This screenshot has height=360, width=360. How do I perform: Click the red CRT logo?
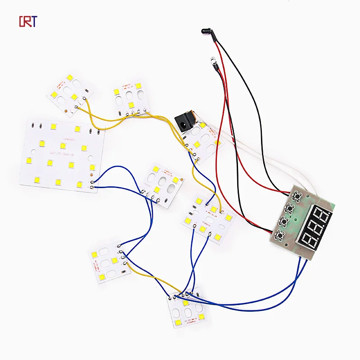coord(28,21)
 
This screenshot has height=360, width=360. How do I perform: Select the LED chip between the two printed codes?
coord(63,146)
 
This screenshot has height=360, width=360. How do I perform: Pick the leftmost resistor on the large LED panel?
coord(33,125)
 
